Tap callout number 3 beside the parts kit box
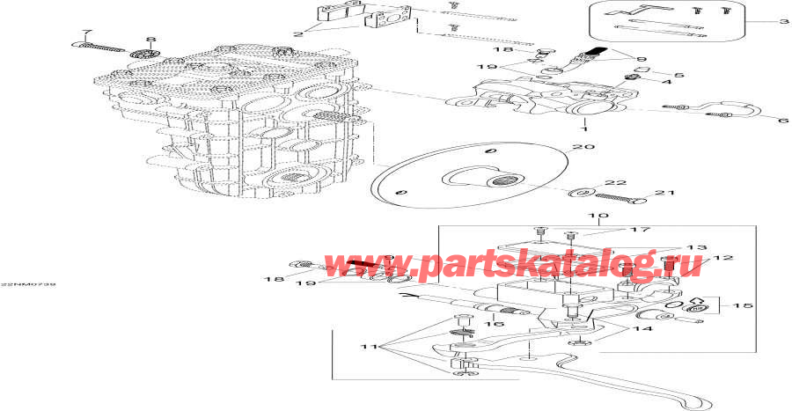pos(784,21)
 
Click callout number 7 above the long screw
pos(84,33)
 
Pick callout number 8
pos(150,40)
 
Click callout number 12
pos(728,258)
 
